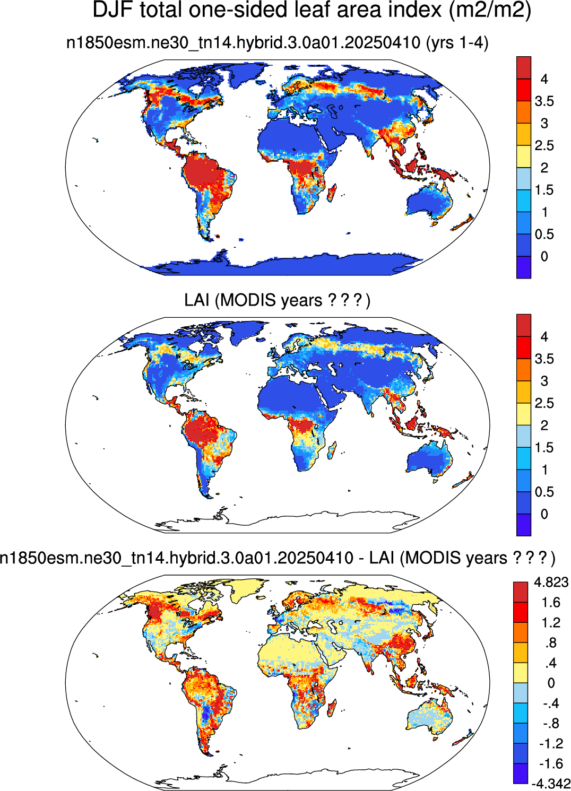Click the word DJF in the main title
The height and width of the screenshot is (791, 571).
click(113, 10)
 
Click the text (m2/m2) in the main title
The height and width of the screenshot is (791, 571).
click(490, 11)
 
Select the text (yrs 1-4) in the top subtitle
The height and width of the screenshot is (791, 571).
click(457, 43)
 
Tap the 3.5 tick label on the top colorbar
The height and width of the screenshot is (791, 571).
click(544, 101)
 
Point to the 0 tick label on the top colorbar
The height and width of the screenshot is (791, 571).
click(544, 256)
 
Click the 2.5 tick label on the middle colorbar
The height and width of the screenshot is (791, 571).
click(544, 403)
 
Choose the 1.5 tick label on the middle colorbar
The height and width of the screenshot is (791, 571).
click(544, 447)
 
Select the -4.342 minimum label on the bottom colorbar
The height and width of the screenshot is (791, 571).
click(551, 784)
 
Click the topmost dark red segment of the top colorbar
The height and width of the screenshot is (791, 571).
click(524, 68)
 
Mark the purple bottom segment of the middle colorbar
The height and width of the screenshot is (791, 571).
click(524, 525)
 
